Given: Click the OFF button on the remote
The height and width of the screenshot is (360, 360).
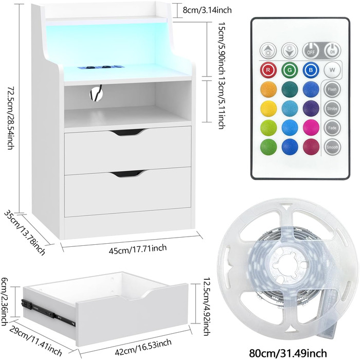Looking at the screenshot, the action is tap(311, 51).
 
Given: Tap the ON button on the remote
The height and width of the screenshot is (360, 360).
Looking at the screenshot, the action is tap(332, 51).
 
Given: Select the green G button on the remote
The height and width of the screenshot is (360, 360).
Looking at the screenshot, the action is tap(290, 70).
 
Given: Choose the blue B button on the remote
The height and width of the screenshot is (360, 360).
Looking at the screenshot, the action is tap(311, 70).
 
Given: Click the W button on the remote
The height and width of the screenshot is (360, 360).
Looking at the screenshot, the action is tap(332, 70).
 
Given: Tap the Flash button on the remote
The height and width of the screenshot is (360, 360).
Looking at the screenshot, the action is tap(332, 89).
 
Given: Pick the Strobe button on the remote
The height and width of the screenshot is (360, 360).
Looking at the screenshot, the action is tap(332, 109).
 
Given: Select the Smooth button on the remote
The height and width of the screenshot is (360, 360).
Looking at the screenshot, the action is tap(332, 147).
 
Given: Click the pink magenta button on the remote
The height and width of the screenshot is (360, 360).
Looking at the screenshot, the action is tap(311, 128).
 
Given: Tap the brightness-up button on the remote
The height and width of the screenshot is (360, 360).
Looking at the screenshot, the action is tap(268, 51).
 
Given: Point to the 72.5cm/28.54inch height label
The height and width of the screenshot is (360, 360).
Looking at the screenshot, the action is tap(11, 118).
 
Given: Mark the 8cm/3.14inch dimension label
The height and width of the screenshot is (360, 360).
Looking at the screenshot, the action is tap(207, 10).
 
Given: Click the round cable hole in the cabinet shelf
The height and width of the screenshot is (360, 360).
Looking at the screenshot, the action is tap(96, 93).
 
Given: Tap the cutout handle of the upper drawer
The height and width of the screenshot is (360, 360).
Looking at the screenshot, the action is tap(127, 132).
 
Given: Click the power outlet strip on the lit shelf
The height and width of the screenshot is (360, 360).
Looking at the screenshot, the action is tap(101, 67).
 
